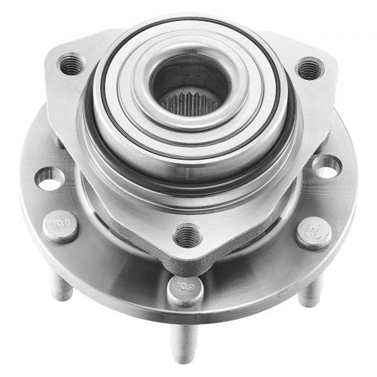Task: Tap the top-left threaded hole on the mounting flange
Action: pyautogui.click(x=72, y=64)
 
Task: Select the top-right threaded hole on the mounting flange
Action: pyautogui.click(x=310, y=69)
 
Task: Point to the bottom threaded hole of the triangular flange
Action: pyautogui.click(x=188, y=235)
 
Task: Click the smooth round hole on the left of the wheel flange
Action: pyautogui.click(x=49, y=179)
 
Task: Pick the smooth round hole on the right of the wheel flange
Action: pyautogui.click(x=326, y=167)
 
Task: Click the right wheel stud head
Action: pyautogui.click(x=313, y=233)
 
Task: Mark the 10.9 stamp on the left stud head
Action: pyautogui.click(x=62, y=224)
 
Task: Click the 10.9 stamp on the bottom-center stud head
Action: pyautogui.click(x=185, y=289)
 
